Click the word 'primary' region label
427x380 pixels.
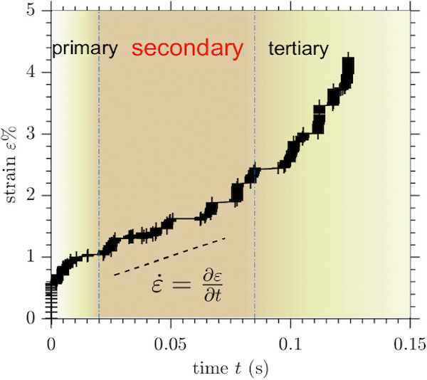[84, 49]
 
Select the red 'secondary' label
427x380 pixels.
[187, 48]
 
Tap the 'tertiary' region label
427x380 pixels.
[297, 49]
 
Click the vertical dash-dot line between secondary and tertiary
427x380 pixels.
[255, 107]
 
